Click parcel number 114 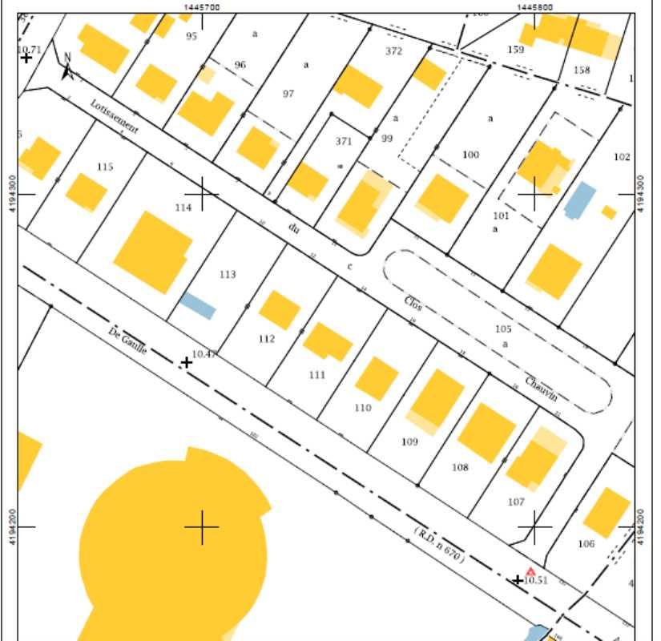(x=183, y=208)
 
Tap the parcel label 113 (x=228, y=275)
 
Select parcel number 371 (x=344, y=141)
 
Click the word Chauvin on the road (x=541, y=388)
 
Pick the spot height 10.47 (x=204, y=353)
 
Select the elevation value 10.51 (x=535, y=581)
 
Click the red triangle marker (x=530, y=571)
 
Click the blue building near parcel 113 (x=197, y=305)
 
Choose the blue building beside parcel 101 (x=580, y=200)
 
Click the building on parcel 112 (x=280, y=309)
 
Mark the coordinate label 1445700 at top (x=202, y=6)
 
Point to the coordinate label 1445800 (x=534, y=6)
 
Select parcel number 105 (x=502, y=329)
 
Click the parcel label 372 (x=393, y=51)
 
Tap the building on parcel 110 (x=377, y=378)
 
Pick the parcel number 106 (x=586, y=544)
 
